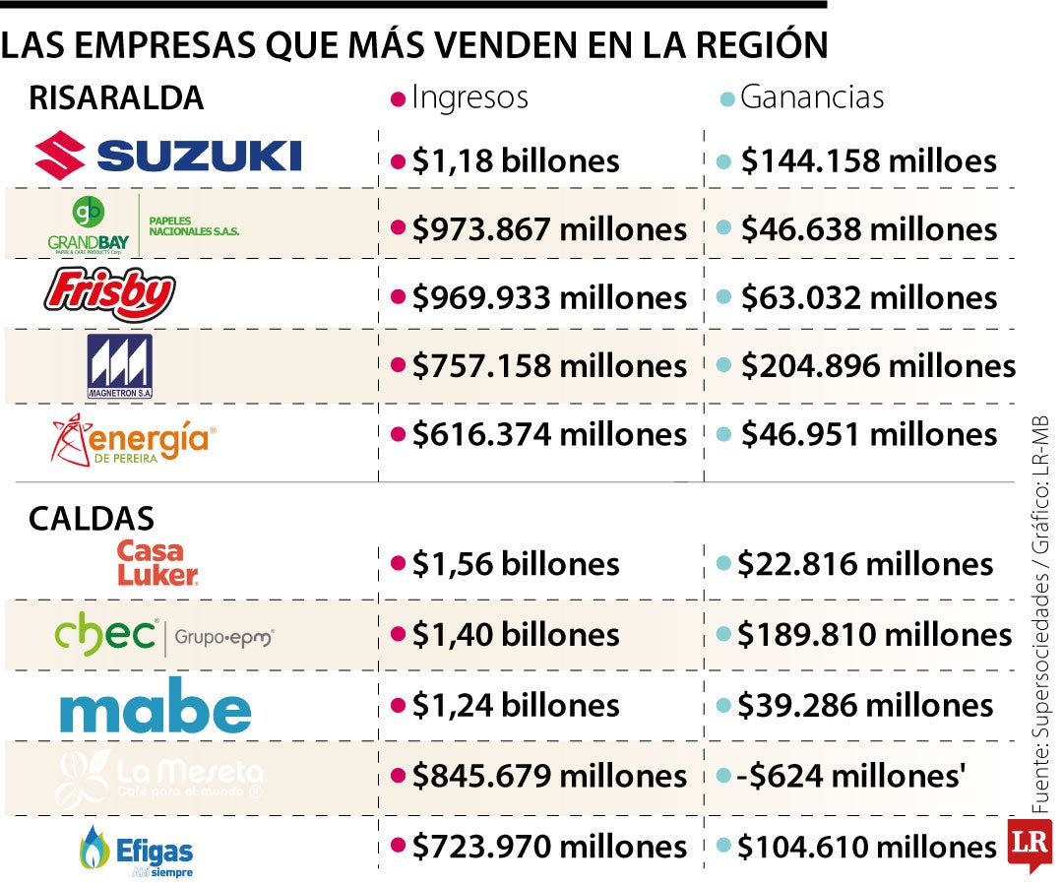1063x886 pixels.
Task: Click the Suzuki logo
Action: click(167, 157)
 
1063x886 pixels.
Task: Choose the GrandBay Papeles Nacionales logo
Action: click(143, 225)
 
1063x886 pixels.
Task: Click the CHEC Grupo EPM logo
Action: click(163, 636)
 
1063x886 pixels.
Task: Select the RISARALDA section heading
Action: click(116, 98)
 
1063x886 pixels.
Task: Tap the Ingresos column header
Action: click(469, 97)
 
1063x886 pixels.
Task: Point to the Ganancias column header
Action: click(811, 97)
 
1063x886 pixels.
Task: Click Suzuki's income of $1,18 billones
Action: click(516, 160)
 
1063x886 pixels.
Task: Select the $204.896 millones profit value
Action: click(878, 366)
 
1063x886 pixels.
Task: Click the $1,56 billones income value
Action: click(516, 564)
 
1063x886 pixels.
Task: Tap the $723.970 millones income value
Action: click(549, 846)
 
